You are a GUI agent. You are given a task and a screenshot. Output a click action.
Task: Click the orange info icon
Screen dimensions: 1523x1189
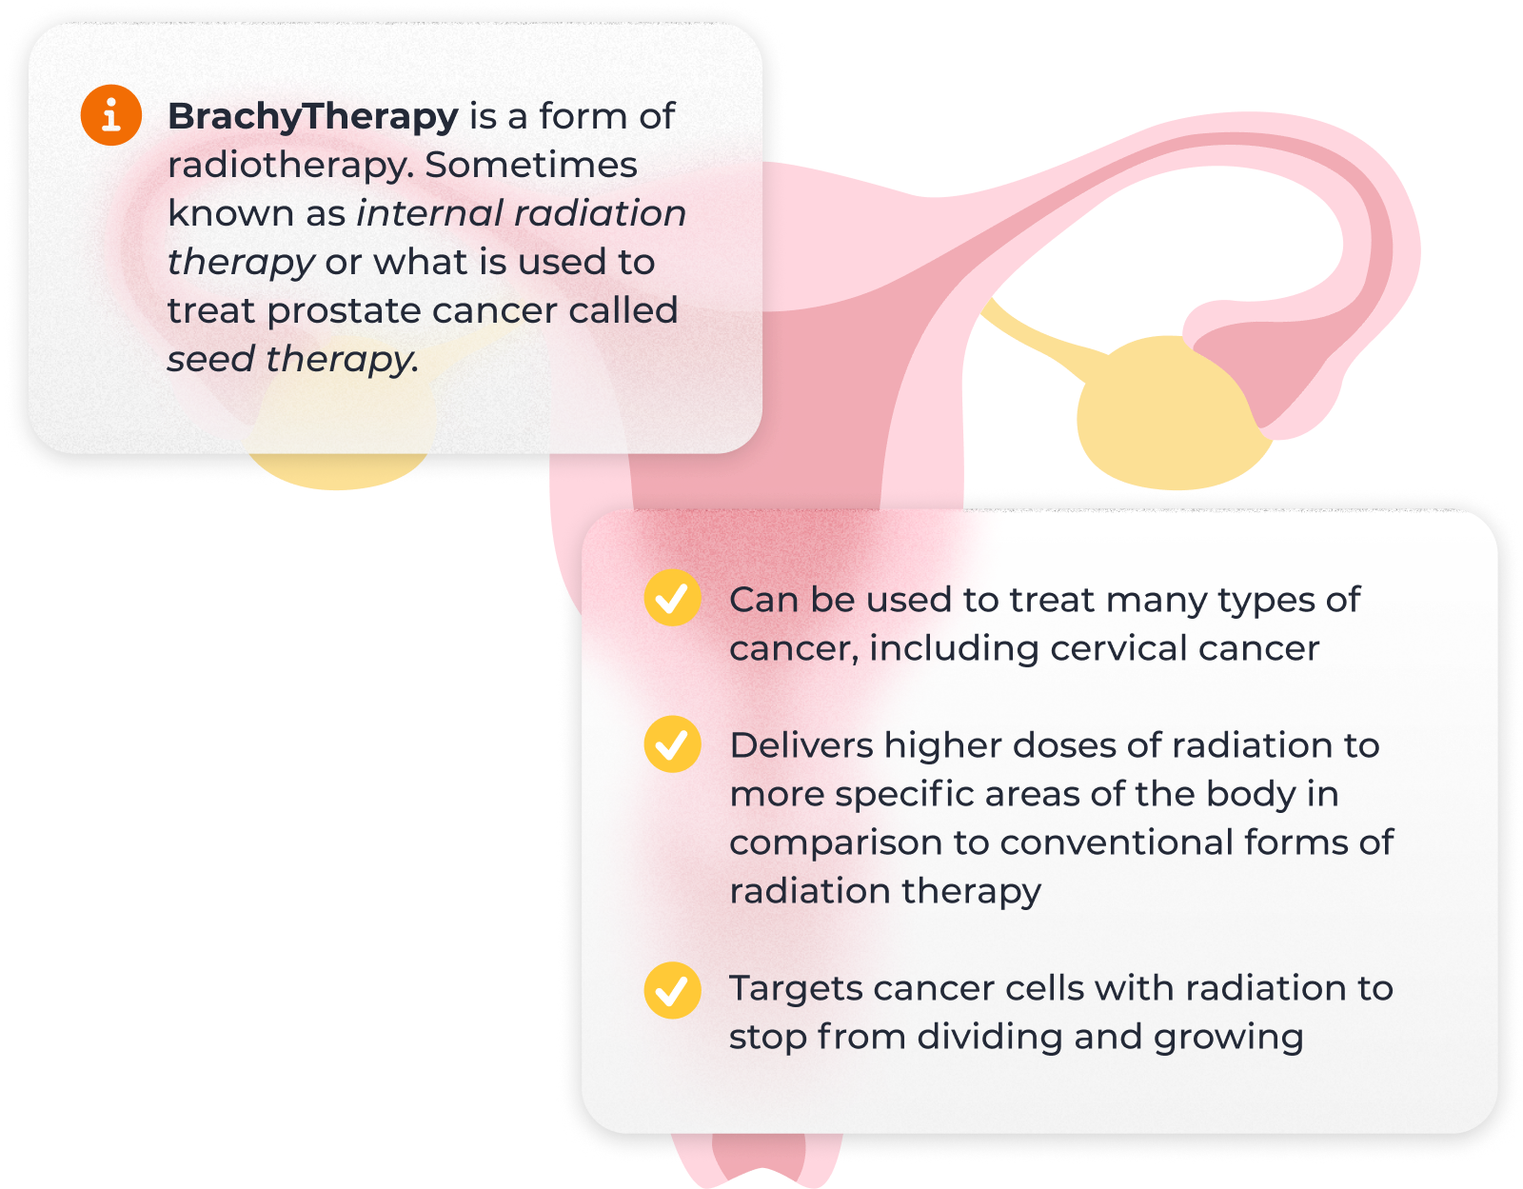pyautogui.click(x=110, y=115)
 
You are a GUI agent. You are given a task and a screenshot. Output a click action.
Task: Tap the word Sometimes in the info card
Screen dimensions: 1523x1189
pyautogui.click(x=530, y=165)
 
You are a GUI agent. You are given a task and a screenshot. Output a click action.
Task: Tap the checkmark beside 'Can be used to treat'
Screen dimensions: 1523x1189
pyautogui.click(x=671, y=598)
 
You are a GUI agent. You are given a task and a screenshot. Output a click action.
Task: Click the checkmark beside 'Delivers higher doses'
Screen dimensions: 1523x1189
pyautogui.click(x=671, y=744)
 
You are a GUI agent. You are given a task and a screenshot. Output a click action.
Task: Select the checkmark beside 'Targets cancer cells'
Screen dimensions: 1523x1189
pyautogui.click(x=671, y=990)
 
